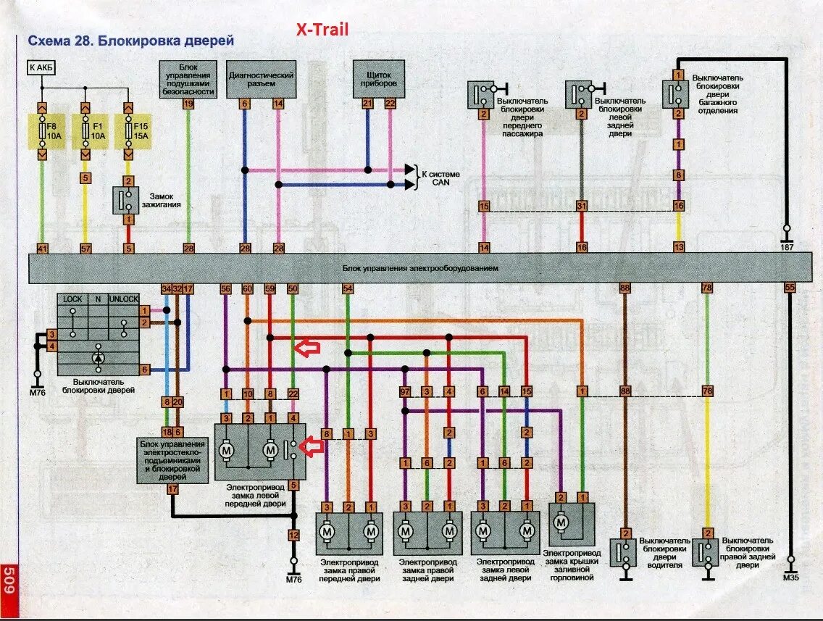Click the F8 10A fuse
[x=42, y=131]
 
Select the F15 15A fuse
[x=128, y=131]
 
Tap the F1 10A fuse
[x=85, y=131]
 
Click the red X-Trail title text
[x=322, y=30]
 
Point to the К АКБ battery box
[x=41, y=68]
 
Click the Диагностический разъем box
[x=261, y=80]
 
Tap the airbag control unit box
[x=188, y=79]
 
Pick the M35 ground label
[x=790, y=578]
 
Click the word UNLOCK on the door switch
[x=123, y=299]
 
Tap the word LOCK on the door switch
[x=72, y=299]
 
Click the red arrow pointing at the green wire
[x=309, y=349]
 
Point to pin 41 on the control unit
[x=42, y=249]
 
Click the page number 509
[x=9, y=581]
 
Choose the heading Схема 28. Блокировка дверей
[x=130, y=41]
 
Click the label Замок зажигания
[x=165, y=200]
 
